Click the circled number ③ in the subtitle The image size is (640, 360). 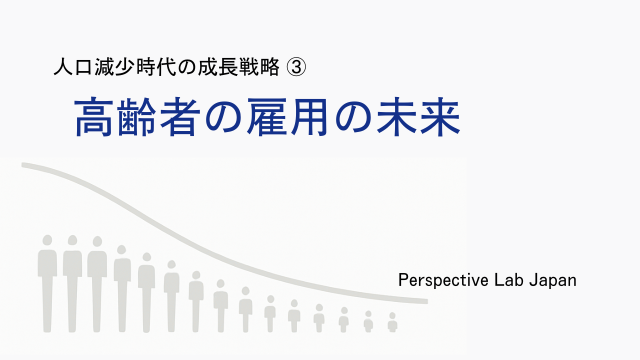295,68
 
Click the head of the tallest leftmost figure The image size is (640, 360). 47,240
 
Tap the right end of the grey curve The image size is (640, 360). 425,301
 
